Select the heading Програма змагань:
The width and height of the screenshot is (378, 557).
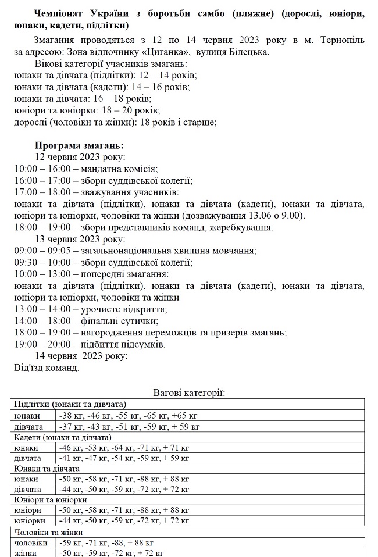79,145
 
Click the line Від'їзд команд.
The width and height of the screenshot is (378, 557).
47,367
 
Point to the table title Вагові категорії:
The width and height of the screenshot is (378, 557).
189,393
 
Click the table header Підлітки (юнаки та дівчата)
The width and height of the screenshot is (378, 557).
70,404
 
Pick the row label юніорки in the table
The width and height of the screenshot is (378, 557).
30,520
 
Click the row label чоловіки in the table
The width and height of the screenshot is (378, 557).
30,542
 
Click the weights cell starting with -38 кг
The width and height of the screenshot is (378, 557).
128,416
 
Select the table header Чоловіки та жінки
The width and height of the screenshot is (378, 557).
49,532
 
